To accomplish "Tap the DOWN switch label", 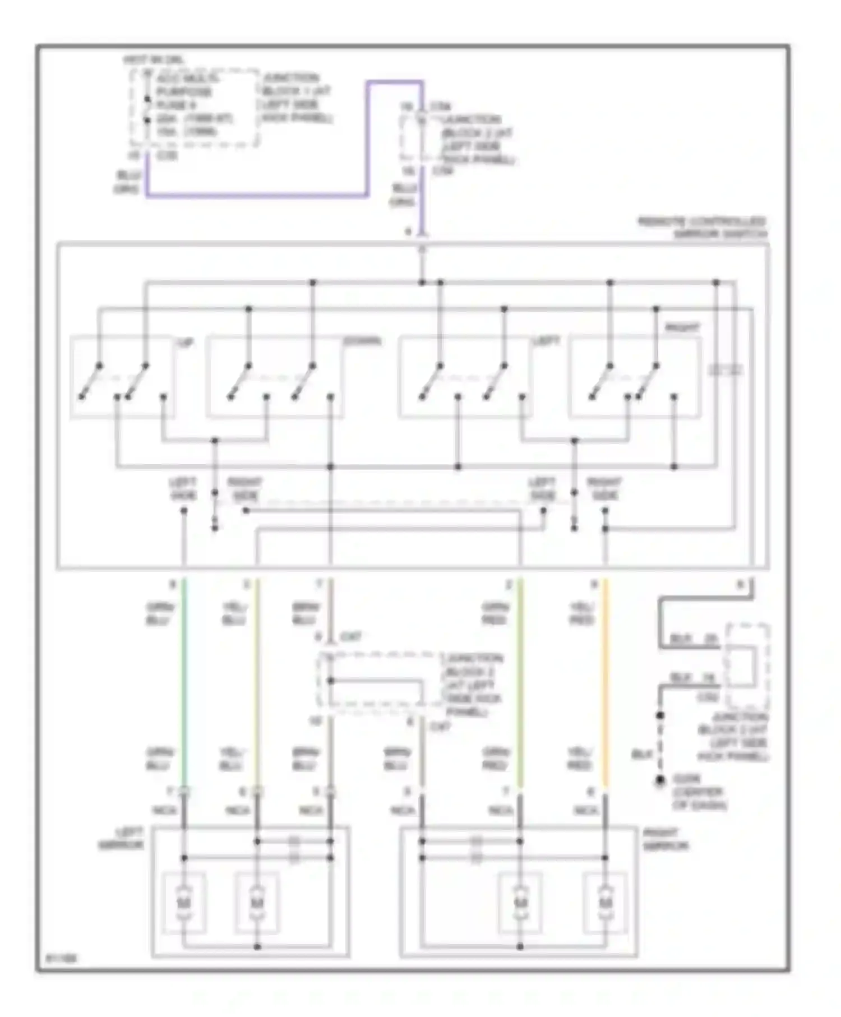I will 362,341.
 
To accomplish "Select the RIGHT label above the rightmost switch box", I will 682,328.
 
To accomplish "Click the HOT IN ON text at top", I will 153,60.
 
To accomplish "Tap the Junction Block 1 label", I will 296,98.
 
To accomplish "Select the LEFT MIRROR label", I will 122,839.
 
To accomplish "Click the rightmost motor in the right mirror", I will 605,902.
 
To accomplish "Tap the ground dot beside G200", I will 660,780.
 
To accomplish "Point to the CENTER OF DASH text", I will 699,799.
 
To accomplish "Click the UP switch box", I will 122,377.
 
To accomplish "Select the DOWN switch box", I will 275,377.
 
